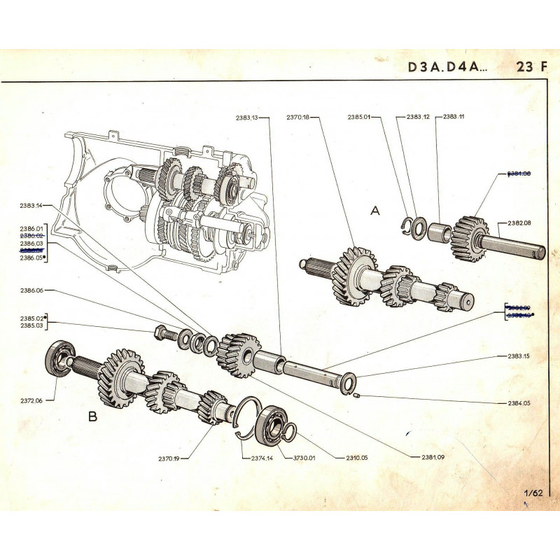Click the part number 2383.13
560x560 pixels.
click(x=248, y=118)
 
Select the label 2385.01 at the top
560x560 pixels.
click(x=359, y=118)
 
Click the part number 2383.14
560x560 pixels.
click(x=31, y=205)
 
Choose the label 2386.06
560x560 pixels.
click(x=31, y=290)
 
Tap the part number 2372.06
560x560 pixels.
click(x=31, y=401)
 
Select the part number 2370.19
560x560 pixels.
click(x=169, y=459)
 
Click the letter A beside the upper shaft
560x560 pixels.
click(x=374, y=211)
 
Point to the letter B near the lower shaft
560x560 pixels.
click(x=93, y=416)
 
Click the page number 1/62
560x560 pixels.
click(x=533, y=493)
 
